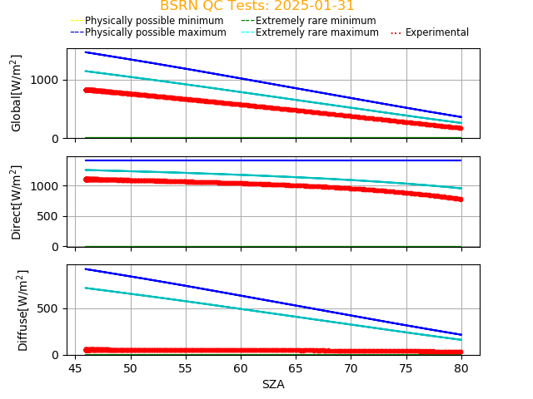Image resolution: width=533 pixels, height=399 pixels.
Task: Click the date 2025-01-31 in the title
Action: [x=316, y=6]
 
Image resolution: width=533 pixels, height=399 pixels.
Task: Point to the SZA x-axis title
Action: [x=273, y=384]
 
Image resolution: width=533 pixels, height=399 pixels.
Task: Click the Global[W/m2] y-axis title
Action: [x=17, y=93]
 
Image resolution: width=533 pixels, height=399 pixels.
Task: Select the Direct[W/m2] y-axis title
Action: [x=17, y=202]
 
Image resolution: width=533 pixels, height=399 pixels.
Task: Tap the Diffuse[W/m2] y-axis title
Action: [x=23, y=310]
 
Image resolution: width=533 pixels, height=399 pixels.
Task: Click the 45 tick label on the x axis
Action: [x=75, y=368]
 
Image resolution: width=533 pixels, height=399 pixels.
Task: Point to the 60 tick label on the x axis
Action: [x=241, y=368]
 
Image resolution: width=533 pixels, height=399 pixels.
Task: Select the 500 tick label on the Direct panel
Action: [x=51, y=216]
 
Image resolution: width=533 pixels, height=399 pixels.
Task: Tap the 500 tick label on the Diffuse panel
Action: [x=51, y=308]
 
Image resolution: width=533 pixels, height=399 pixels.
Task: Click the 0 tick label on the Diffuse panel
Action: [x=57, y=355]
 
